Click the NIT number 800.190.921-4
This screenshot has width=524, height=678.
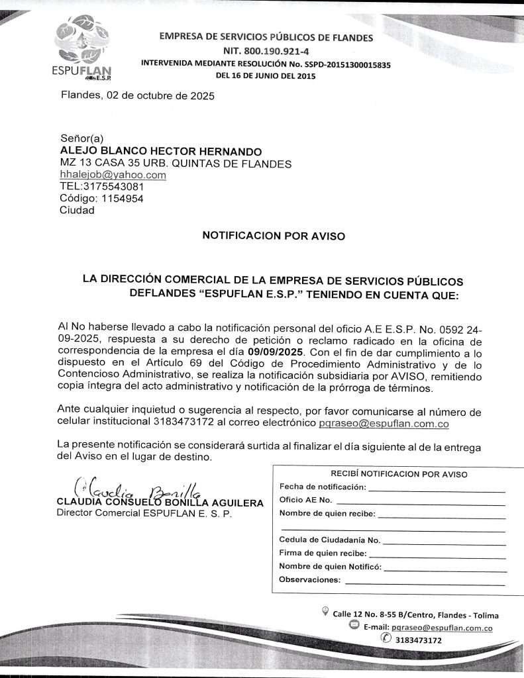[266, 50]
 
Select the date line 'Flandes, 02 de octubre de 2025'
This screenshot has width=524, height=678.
[138, 95]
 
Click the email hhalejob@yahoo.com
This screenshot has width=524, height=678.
[113, 175]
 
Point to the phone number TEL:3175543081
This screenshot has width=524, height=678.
[101, 187]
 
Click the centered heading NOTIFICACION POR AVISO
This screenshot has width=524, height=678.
[273, 235]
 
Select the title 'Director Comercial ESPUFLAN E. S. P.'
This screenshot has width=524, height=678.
[144, 513]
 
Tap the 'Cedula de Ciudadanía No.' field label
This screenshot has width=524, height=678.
[329, 540]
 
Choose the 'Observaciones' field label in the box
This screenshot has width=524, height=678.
[310, 580]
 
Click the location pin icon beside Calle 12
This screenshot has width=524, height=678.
[325, 611]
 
